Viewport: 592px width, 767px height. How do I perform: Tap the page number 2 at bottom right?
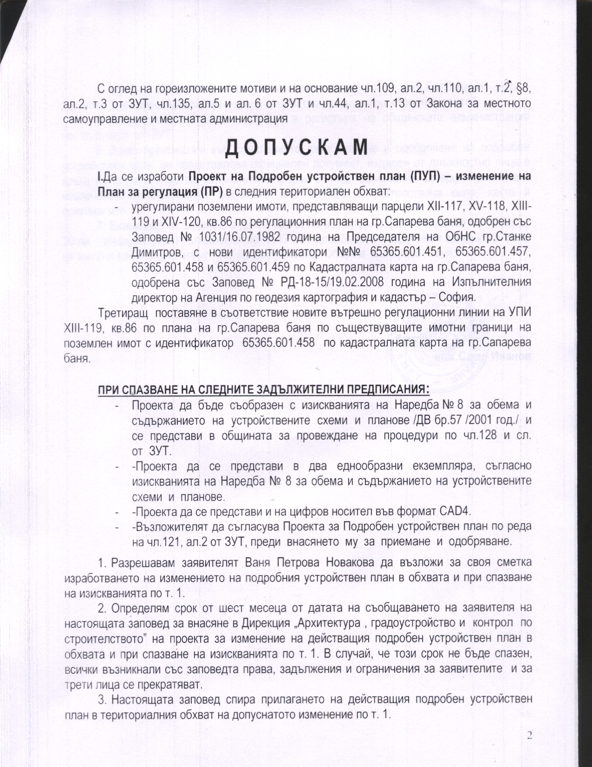click(529, 734)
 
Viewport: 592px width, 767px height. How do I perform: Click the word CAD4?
click(455, 512)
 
